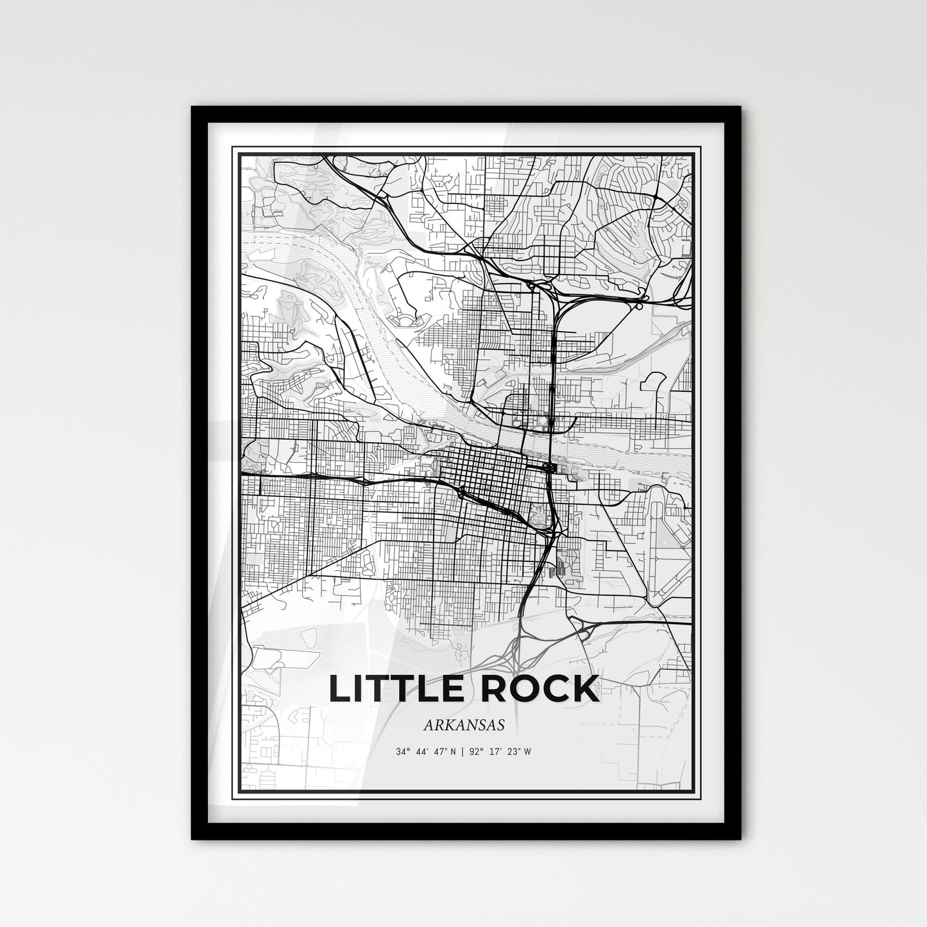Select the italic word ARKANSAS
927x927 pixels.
[463, 724]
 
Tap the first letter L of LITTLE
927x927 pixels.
[340, 688]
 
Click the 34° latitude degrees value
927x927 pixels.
[402, 751]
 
